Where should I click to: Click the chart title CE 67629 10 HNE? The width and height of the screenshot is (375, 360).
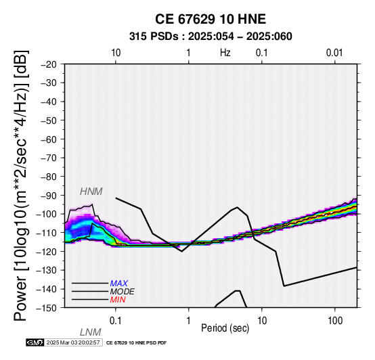click(x=211, y=19)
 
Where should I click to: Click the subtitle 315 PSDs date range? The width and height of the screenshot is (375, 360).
click(x=211, y=37)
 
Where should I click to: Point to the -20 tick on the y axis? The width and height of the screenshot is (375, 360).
click(x=49, y=64)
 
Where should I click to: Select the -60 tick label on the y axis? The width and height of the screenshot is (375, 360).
click(x=49, y=139)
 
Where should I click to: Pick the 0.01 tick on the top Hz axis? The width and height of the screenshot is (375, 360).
click(x=334, y=53)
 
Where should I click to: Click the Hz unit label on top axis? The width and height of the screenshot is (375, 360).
click(x=225, y=53)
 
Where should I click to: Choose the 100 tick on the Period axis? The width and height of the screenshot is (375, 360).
click(x=335, y=321)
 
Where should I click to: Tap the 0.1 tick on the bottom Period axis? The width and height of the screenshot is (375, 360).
click(x=116, y=321)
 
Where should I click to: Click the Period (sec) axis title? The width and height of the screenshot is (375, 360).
click(x=225, y=328)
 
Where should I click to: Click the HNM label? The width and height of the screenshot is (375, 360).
click(x=91, y=192)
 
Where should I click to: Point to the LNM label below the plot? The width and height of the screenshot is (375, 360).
click(x=91, y=332)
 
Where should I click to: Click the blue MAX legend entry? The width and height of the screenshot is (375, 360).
click(x=119, y=284)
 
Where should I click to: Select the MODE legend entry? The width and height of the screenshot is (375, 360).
click(x=123, y=292)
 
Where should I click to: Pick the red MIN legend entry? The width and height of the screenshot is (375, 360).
click(x=118, y=300)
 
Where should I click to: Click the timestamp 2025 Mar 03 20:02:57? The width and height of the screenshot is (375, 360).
click(x=73, y=342)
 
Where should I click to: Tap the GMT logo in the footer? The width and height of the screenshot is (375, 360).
click(x=35, y=342)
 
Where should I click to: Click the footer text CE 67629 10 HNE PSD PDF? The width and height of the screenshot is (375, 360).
click(x=136, y=343)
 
